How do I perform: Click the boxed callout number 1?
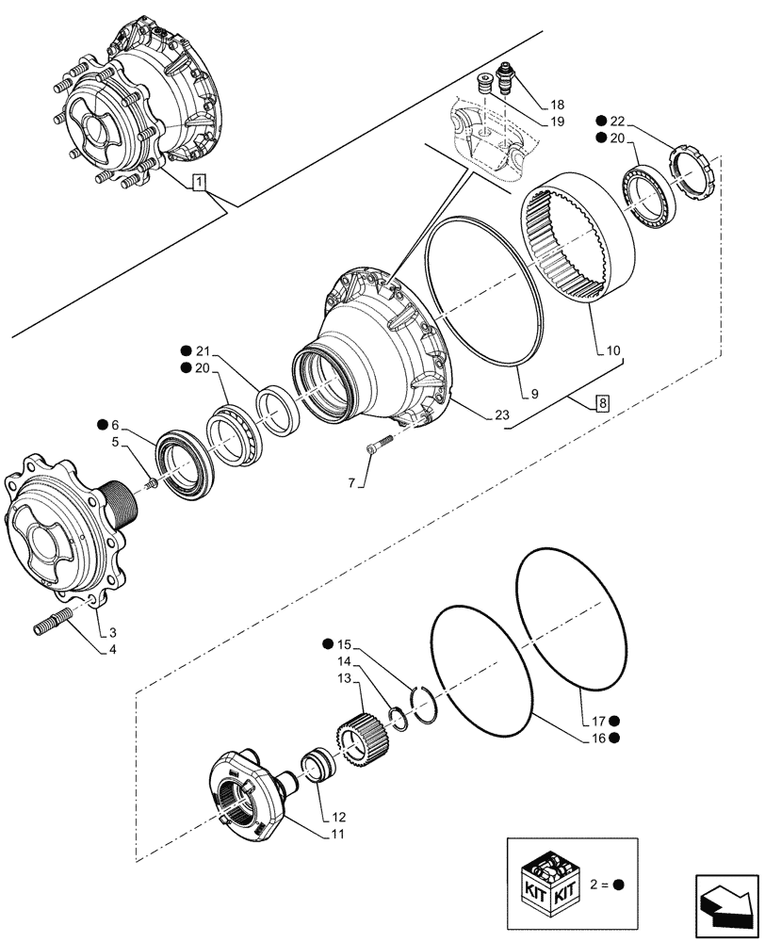[x=198, y=182]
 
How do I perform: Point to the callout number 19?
[x=557, y=122]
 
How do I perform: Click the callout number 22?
[x=617, y=121]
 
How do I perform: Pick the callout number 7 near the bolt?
[x=351, y=482]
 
